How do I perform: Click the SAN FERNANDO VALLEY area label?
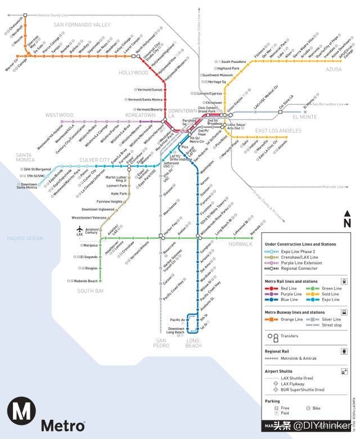pyautogui.click(x=82, y=25)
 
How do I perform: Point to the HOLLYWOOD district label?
pyautogui.click(x=133, y=73)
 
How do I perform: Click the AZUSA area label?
pyautogui.click(x=333, y=69)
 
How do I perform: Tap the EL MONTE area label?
pyautogui.click(x=305, y=117)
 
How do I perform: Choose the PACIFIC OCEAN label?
pyautogui.click(x=25, y=238)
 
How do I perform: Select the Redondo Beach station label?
pyautogui.click(x=86, y=281)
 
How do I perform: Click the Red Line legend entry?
pyautogui.click(x=289, y=288)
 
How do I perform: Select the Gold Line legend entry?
pyautogui.click(x=331, y=294)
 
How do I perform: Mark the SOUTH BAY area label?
pyautogui.click(x=91, y=291)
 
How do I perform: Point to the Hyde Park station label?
pyautogui.click(x=119, y=193)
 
